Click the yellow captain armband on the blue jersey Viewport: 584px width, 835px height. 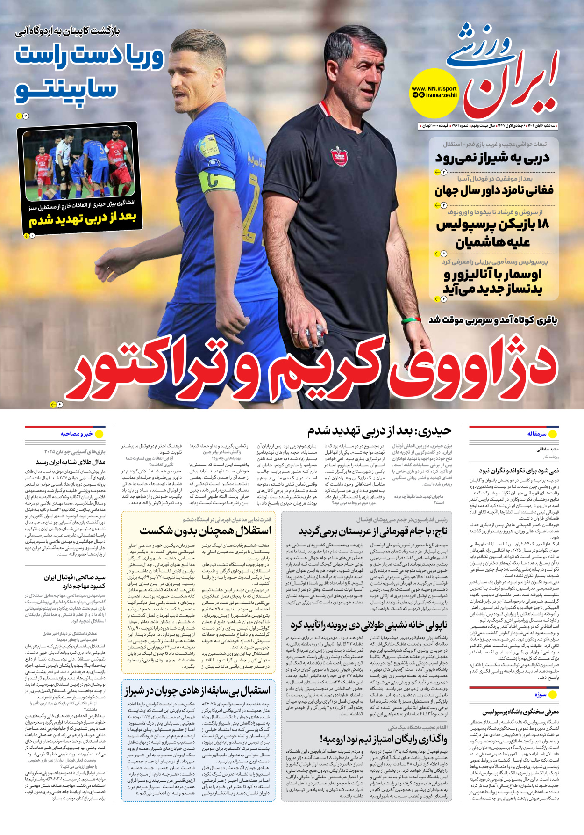216,180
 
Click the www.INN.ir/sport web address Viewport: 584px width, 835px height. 434,88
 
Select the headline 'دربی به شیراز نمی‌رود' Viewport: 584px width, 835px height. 492,158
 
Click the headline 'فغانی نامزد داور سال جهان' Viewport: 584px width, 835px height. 494,191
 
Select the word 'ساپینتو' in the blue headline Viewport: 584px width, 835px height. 66,88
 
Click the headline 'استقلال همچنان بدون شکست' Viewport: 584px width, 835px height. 205,530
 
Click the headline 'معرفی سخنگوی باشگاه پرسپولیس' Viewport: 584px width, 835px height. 520,712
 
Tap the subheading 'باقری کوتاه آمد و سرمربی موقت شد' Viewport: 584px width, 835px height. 493,320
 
